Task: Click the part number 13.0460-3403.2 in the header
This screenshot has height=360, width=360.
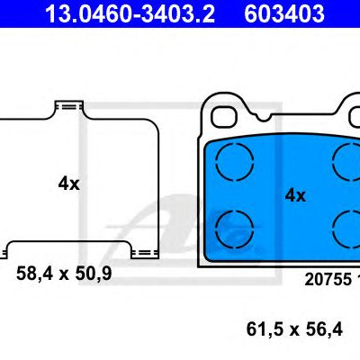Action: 130,13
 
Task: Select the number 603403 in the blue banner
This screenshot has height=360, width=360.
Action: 284,13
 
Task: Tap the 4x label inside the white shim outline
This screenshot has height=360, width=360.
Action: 68,184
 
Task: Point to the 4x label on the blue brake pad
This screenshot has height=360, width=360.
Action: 295,195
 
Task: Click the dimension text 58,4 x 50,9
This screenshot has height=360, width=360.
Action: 64,274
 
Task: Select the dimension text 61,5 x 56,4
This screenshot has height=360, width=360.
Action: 294,329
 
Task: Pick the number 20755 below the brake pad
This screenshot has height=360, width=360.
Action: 328,279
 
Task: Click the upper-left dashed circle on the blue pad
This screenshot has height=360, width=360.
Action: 235,162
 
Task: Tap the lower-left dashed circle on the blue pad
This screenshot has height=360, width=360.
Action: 235,229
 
